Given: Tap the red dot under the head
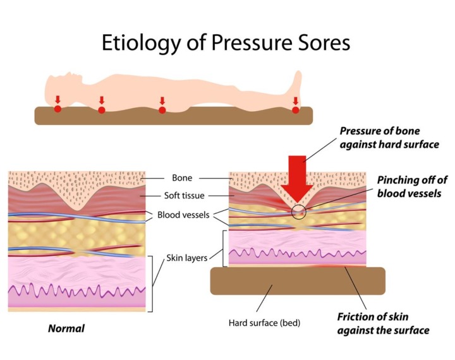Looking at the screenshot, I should (x=58, y=109).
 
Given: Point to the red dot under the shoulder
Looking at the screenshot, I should (x=102, y=110).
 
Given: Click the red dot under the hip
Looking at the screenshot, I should (x=162, y=110).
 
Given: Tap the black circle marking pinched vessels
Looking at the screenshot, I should (x=300, y=212).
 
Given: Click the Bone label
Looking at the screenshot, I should (x=183, y=179).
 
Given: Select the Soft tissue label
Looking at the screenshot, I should (x=183, y=196).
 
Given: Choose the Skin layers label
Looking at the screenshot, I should (x=186, y=258).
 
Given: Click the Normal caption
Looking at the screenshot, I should (x=66, y=328).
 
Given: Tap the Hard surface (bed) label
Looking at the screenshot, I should (x=264, y=323).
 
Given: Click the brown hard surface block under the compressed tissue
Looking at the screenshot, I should (x=297, y=280).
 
